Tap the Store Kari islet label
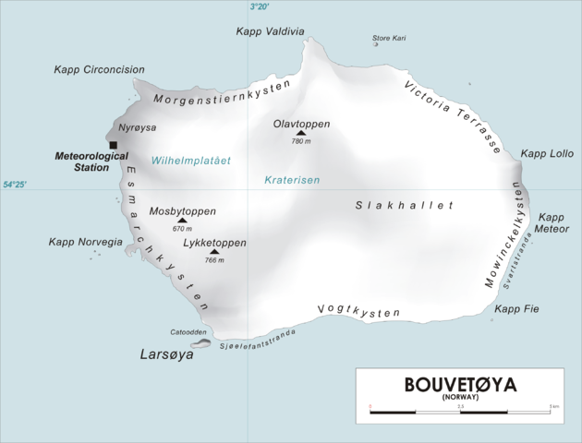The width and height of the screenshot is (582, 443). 389,38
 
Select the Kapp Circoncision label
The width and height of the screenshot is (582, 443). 99,69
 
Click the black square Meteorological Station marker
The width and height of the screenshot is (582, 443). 113,145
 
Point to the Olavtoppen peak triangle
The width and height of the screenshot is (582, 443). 300,133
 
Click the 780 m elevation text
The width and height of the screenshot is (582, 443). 301,142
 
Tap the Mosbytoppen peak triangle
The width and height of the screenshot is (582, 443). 181,221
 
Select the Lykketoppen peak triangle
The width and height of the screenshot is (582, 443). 214,251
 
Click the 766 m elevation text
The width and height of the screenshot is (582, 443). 214,260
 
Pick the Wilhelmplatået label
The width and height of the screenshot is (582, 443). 191,161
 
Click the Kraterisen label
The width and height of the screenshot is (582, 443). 291,180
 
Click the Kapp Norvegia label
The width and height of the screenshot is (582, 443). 86,242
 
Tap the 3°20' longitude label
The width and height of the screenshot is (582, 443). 260,6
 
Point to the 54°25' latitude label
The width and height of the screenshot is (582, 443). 14,186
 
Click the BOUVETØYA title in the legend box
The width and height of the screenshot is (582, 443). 458,385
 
